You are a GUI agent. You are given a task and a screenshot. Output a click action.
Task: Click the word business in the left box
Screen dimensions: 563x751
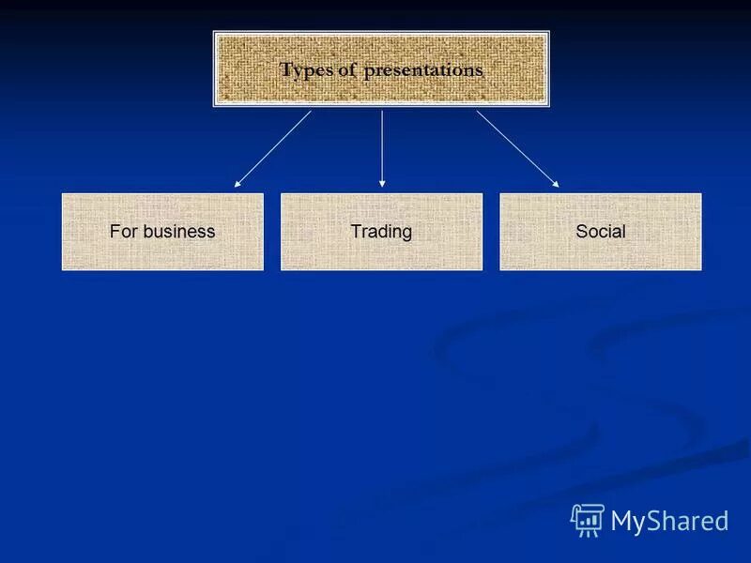pyautogui.click(x=179, y=232)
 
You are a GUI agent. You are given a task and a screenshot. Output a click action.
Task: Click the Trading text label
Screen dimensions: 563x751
pyautogui.click(x=381, y=232)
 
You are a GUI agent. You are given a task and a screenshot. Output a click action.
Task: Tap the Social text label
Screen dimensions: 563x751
pyautogui.click(x=600, y=232)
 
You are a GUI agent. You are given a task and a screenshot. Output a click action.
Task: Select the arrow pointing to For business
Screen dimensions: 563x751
pyautogui.click(x=272, y=149)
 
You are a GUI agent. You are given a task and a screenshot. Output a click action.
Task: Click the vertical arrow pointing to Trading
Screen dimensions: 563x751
pyautogui.click(x=381, y=145)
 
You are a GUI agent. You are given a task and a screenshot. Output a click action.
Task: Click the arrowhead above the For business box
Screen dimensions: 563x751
pyautogui.click(x=238, y=184)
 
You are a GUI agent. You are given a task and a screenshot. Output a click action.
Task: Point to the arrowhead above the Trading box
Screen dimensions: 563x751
pyautogui.click(x=381, y=184)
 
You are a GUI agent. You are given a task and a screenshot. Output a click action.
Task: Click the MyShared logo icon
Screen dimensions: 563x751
pyautogui.click(x=588, y=520)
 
